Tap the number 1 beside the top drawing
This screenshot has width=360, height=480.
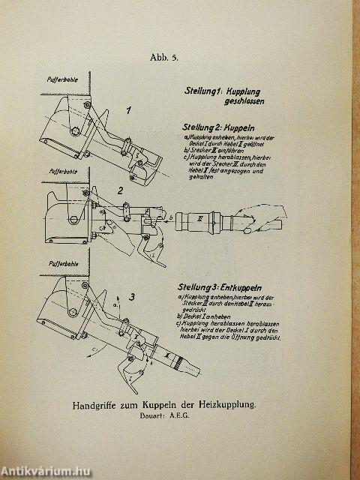128,111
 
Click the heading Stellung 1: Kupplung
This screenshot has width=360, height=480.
228,90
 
